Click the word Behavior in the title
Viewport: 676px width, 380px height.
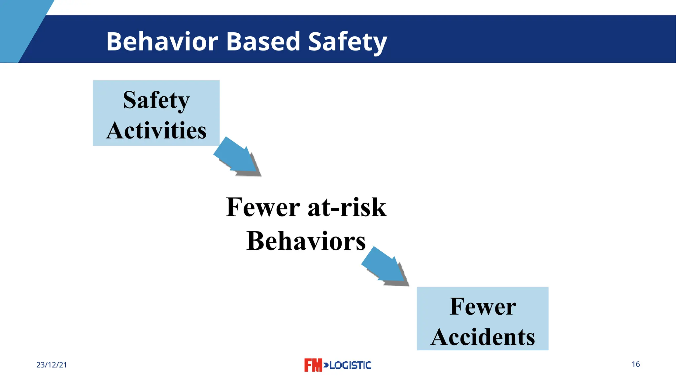162,42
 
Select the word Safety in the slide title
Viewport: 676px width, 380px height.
347,42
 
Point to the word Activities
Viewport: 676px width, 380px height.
156,130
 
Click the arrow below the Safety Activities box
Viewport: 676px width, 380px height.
237,156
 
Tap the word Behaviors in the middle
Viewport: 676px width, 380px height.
306,241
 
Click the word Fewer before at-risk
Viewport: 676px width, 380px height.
263,207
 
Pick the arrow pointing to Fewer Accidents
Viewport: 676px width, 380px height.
385,266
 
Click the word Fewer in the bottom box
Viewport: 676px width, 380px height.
483,306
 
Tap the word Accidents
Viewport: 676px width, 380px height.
483,337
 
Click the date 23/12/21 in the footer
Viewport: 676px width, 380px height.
51,365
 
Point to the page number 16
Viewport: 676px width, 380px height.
636,364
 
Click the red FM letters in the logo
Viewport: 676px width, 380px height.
313,365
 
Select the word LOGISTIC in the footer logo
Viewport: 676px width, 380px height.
350,365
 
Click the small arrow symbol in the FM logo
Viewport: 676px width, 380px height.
326,365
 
